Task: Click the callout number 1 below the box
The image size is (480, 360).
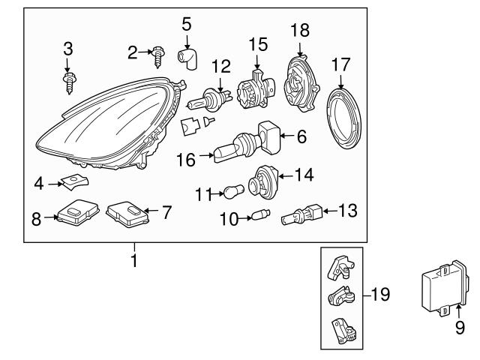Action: (136, 263)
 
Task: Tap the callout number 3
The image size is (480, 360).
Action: (68, 50)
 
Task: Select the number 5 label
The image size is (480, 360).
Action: (187, 23)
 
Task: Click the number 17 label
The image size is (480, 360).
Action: (341, 65)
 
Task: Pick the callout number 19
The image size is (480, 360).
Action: (380, 295)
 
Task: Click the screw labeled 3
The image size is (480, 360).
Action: (68, 77)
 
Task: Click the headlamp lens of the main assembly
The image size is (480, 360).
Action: (97, 131)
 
